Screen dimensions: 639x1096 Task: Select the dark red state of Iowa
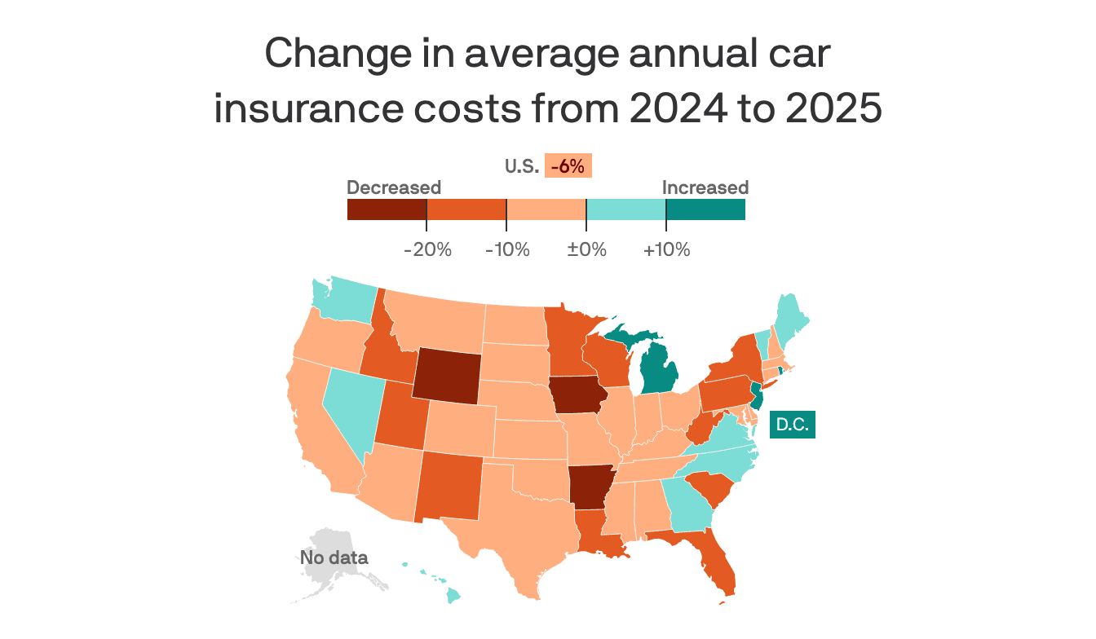577,396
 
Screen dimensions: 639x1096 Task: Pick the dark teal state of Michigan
658,371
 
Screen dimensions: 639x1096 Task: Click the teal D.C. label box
793,425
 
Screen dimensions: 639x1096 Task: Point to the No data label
334,558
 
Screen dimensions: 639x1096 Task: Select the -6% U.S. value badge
568,166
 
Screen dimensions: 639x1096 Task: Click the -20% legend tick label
427,249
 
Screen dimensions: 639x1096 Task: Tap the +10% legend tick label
666,249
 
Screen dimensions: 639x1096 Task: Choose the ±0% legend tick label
587,249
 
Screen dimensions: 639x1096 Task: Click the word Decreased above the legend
394,187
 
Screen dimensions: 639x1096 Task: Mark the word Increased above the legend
705,187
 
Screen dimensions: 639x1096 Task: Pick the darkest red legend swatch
387,209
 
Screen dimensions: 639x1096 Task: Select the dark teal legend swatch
705,209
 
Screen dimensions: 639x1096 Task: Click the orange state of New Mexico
453,487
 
